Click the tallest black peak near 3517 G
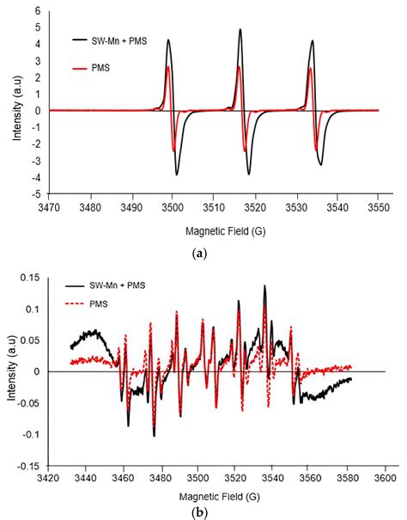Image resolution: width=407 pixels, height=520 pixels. [x=240, y=30]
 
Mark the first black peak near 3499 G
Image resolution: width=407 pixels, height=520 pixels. [x=168, y=40]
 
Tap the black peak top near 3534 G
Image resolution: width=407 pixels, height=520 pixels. [x=313, y=41]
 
